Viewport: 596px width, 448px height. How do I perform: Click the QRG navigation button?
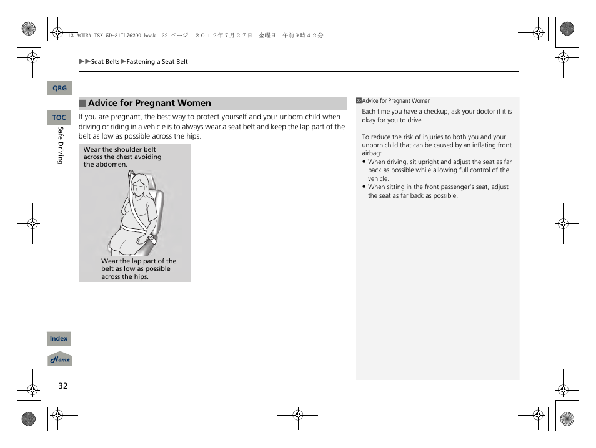click(59, 89)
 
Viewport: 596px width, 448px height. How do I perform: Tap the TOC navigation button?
click(59, 117)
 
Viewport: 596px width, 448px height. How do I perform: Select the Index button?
click(59, 339)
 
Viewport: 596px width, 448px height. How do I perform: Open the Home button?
click(60, 360)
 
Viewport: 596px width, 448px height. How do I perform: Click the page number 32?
click(62, 386)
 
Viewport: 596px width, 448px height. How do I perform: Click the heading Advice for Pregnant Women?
click(149, 104)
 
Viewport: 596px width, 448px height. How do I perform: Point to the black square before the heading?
click(82, 104)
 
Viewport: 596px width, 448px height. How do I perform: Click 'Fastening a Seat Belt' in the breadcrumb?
click(157, 62)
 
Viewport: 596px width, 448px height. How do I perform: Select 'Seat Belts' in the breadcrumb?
click(105, 62)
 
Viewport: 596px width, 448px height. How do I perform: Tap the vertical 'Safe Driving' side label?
click(61, 145)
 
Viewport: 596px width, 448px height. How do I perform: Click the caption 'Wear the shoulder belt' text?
click(120, 150)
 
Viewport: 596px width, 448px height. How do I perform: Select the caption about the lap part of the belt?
click(139, 269)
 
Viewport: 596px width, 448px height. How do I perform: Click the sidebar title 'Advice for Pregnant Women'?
click(396, 101)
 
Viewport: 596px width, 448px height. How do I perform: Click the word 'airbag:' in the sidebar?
click(371, 153)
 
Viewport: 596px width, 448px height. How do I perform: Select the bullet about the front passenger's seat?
click(438, 191)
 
